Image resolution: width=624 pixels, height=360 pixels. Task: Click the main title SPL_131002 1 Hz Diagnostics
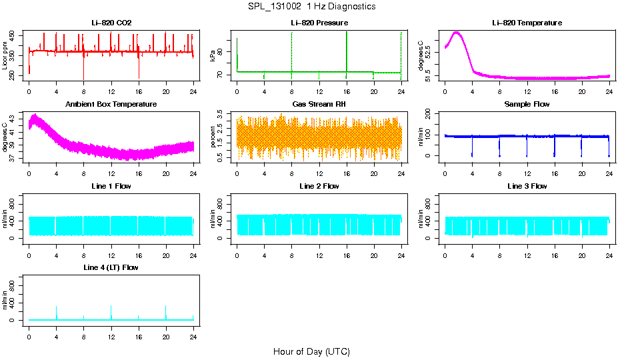pos(311,7)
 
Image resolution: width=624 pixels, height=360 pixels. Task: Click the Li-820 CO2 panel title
pos(111,23)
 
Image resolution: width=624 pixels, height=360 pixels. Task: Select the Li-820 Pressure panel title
pos(319,23)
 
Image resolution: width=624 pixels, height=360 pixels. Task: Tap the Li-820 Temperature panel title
pos(527,23)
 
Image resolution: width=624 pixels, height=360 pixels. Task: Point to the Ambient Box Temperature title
pos(111,105)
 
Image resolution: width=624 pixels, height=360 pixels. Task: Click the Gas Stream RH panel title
pos(319,105)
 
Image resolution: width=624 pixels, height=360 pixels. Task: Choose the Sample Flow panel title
pos(527,105)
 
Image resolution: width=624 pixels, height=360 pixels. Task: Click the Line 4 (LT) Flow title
pos(111,267)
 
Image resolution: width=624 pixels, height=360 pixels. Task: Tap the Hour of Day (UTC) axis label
pos(311,351)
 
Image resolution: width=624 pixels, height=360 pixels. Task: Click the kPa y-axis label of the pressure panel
pos(213,56)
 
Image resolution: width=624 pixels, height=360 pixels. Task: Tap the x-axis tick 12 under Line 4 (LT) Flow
pos(111,331)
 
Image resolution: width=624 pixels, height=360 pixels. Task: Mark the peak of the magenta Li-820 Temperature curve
pos(457,32)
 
